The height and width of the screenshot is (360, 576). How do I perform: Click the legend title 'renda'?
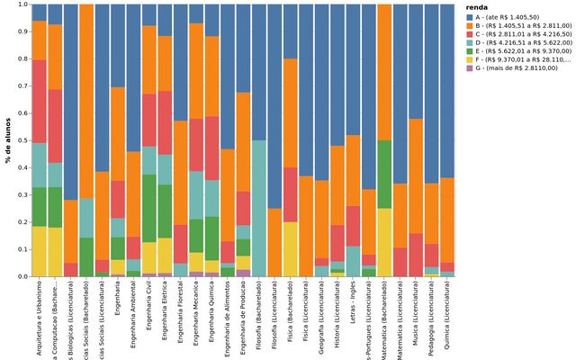[x=477, y=5]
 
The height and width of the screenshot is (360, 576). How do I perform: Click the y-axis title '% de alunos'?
[x=6, y=140]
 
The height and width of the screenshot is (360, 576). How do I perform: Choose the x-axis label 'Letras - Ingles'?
[x=355, y=310]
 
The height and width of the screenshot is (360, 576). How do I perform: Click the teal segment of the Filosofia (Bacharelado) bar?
[x=259, y=208]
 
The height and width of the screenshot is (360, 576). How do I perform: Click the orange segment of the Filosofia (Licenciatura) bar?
[x=274, y=242]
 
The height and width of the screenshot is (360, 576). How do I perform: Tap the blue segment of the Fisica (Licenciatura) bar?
[x=306, y=90]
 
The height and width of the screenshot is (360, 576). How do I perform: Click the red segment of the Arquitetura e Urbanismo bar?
[x=40, y=101]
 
